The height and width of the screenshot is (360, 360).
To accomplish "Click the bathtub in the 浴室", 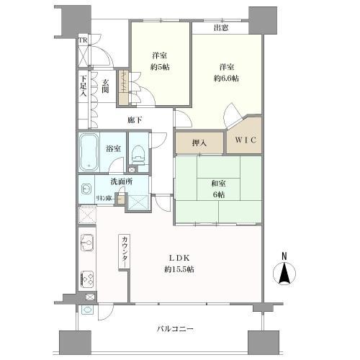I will click(x=90, y=152).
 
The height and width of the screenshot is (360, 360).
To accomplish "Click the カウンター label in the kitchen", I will click(x=125, y=251).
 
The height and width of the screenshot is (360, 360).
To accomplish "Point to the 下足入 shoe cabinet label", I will click(x=84, y=85).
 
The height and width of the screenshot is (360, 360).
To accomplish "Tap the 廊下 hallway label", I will click(x=134, y=120).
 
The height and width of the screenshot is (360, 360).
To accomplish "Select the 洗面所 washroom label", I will click(x=120, y=182).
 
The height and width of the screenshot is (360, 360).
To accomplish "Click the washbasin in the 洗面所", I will click(x=86, y=192).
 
